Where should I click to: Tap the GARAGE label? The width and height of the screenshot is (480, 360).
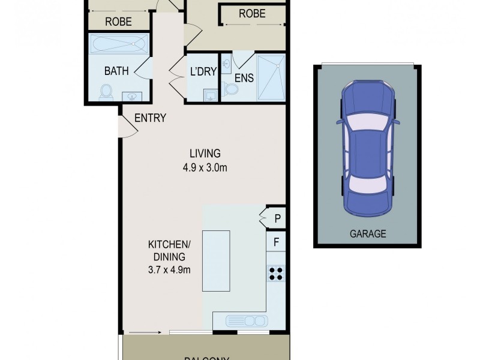click(x=368, y=234)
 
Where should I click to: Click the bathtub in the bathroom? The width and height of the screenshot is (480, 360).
click(x=119, y=44)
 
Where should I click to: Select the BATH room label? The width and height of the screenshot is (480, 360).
click(x=116, y=71)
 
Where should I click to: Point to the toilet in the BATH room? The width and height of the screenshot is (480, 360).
click(x=106, y=92)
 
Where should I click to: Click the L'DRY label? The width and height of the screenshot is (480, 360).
click(x=203, y=71)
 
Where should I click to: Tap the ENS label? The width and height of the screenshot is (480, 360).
click(x=243, y=77)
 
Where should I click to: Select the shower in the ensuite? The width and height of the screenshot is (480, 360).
click(x=271, y=76)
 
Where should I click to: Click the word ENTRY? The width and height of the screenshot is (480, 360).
click(x=150, y=118)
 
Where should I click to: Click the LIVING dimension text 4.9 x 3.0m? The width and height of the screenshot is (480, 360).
click(x=205, y=168)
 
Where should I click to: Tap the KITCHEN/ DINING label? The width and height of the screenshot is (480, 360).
click(x=169, y=257)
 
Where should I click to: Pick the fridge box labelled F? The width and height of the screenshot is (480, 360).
click(x=277, y=243)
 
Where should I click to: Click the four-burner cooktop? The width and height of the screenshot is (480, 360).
click(x=276, y=273)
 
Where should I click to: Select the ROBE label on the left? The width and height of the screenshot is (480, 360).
click(x=118, y=21)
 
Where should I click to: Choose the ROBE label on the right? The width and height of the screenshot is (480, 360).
click(x=252, y=13)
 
